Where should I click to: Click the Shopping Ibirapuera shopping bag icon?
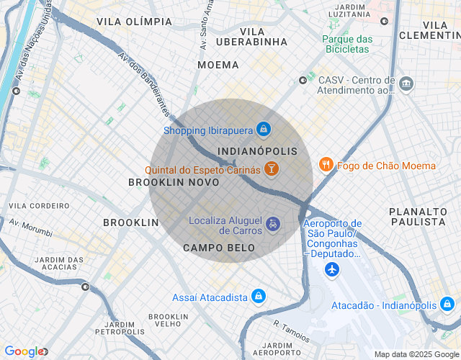point(264,130)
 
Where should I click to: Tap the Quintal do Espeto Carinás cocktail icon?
point(272,170)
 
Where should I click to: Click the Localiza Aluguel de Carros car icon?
point(273,225)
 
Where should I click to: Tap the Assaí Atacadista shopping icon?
point(259,297)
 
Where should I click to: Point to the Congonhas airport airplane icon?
point(332,269)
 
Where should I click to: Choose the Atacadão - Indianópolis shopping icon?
point(447,305)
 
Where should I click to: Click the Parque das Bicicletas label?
point(347,44)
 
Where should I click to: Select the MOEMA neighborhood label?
point(218,65)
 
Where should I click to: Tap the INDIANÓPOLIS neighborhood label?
point(257,151)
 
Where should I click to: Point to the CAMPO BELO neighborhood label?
point(219,248)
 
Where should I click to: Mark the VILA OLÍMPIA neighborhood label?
point(134,22)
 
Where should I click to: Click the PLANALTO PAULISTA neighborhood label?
point(418,216)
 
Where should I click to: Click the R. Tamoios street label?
point(291,332)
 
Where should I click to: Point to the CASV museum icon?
point(406,84)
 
